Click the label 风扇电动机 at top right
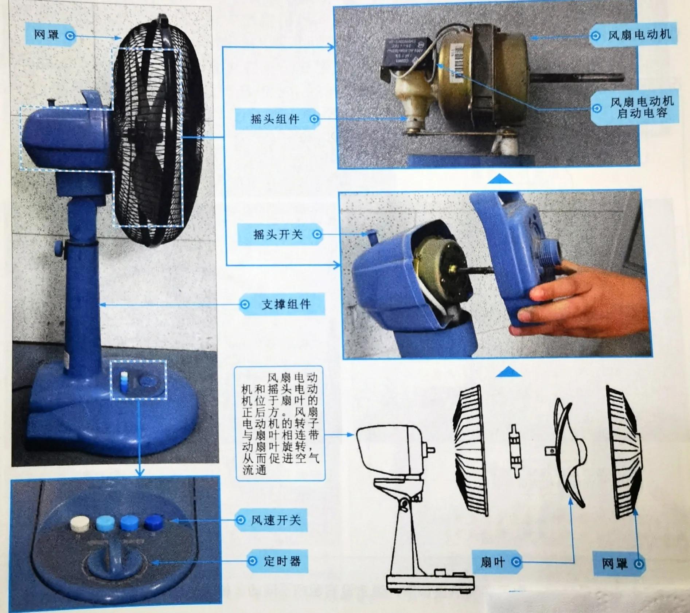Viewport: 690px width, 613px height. (x=639, y=35)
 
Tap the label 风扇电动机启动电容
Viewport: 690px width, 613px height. (x=642, y=107)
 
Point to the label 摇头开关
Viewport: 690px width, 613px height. (x=278, y=234)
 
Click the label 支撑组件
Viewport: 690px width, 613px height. (x=286, y=304)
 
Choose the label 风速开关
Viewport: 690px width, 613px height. (x=276, y=520)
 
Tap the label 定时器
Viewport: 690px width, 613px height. (x=282, y=561)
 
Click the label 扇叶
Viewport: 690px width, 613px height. (x=492, y=562)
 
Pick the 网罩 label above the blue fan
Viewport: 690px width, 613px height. (x=46, y=35)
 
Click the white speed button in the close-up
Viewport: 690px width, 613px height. (x=80, y=524)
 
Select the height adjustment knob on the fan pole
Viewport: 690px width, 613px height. (x=58, y=248)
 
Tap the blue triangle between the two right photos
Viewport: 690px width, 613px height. (x=500, y=179)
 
